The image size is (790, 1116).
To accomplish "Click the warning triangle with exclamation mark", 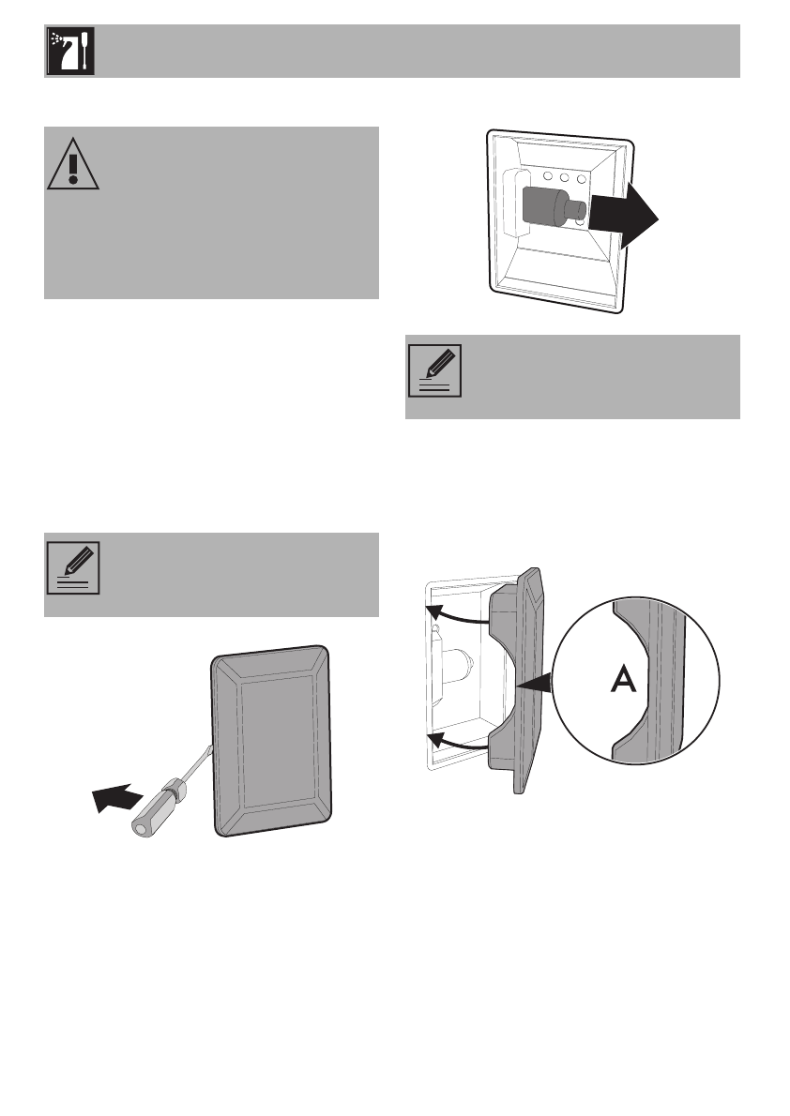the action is (x=70, y=166).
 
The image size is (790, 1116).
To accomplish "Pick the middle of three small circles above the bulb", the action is (x=563, y=176).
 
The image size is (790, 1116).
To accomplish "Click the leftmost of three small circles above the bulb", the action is (x=544, y=176).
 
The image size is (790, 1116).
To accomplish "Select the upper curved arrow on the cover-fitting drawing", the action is (x=458, y=615).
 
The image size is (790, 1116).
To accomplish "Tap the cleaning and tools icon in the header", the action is (x=68, y=52).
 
